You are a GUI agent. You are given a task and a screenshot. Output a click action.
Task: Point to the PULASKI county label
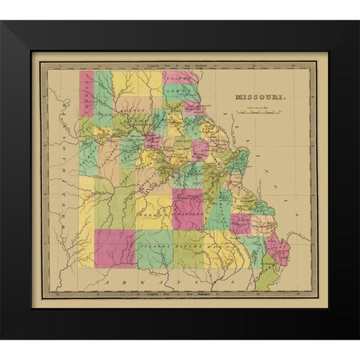pos(154,244)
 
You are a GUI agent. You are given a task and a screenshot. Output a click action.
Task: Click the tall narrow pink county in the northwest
pos(87,94)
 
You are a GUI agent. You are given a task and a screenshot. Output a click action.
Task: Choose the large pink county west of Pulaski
pos(114,248)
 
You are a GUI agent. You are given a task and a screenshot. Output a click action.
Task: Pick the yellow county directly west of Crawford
pos(154,212)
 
